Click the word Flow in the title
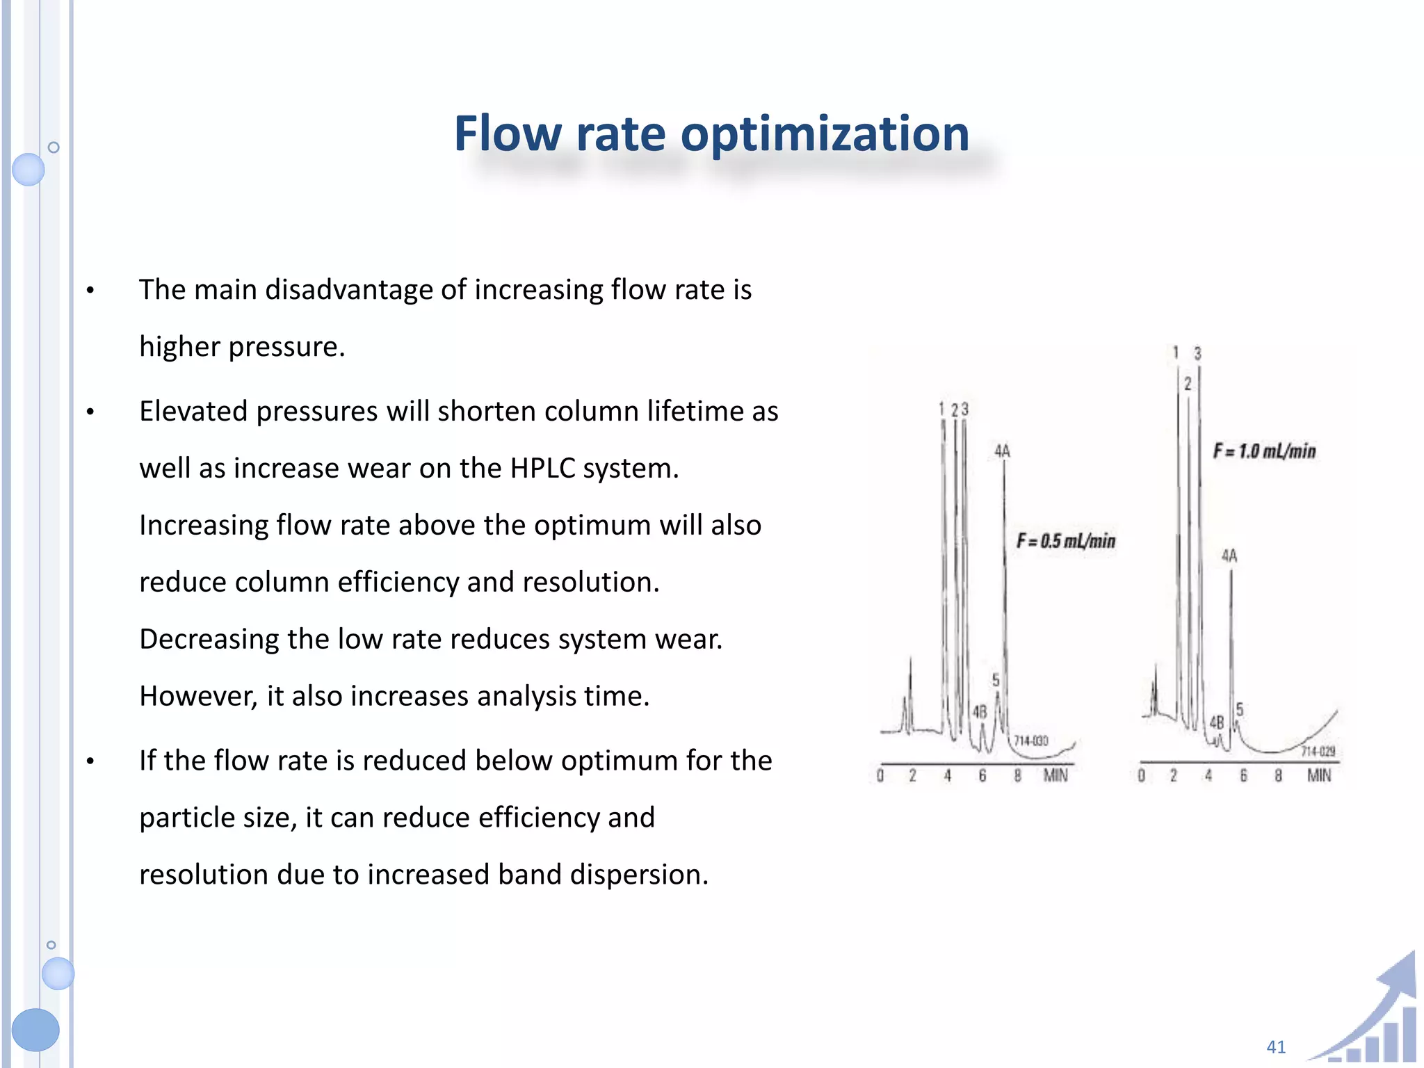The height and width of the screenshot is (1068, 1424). pyautogui.click(x=508, y=133)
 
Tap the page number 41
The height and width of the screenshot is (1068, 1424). pyautogui.click(x=1276, y=1046)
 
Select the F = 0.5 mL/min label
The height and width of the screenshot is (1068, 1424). pyautogui.click(x=1066, y=541)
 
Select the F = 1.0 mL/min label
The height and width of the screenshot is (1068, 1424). pyautogui.click(x=1265, y=451)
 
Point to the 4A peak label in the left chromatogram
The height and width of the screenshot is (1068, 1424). pyautogui.click(x=1002, y=452)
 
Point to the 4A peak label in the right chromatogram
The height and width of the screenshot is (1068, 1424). pyautogui.click(x=1229, y=556)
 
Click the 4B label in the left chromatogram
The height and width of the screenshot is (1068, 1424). pyautogui.click(x=980, y=712)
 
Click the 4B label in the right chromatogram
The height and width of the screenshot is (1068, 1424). pyautogui.click(x=1216, y=723)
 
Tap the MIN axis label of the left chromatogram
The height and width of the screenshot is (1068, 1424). pyautogui.click(x=1055, y=775)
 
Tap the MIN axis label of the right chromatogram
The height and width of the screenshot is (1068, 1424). pyautogui.click(x=1319, y=775)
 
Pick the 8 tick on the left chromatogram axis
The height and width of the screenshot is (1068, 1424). pyautogui.click(x=1017, y=775)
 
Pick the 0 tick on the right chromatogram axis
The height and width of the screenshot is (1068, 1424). pyautogui.click(x=1141, y=775)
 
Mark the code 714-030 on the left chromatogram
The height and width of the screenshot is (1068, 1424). pyautogui.click(x=1031, y=741)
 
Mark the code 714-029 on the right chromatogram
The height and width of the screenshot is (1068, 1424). pyautogui.click(x=1318, y=752)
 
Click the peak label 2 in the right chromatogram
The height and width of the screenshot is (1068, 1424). pyautogui.click(x=1188, y=384)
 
